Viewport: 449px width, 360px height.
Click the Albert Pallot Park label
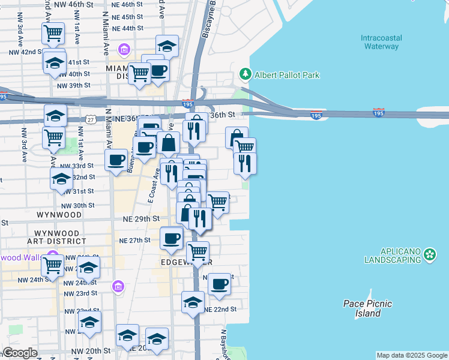pos(287,75)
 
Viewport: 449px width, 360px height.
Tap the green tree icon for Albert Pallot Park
pos(245,74)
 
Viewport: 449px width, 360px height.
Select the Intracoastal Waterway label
pos(381,42)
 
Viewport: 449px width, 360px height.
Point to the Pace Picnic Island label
pos(367,308)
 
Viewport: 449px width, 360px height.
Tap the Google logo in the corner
pos(20,353)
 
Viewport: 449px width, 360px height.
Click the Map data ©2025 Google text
pos(412,355)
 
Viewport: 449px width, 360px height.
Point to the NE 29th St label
pos(142,220)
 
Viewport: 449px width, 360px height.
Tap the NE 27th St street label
pos(134,240)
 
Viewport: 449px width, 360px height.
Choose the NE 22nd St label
pos(221,309)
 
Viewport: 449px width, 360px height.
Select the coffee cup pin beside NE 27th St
pos(171,238)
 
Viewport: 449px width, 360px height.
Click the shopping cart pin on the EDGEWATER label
pos(197,251)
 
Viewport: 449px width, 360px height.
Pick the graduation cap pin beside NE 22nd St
pos(193,301)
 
